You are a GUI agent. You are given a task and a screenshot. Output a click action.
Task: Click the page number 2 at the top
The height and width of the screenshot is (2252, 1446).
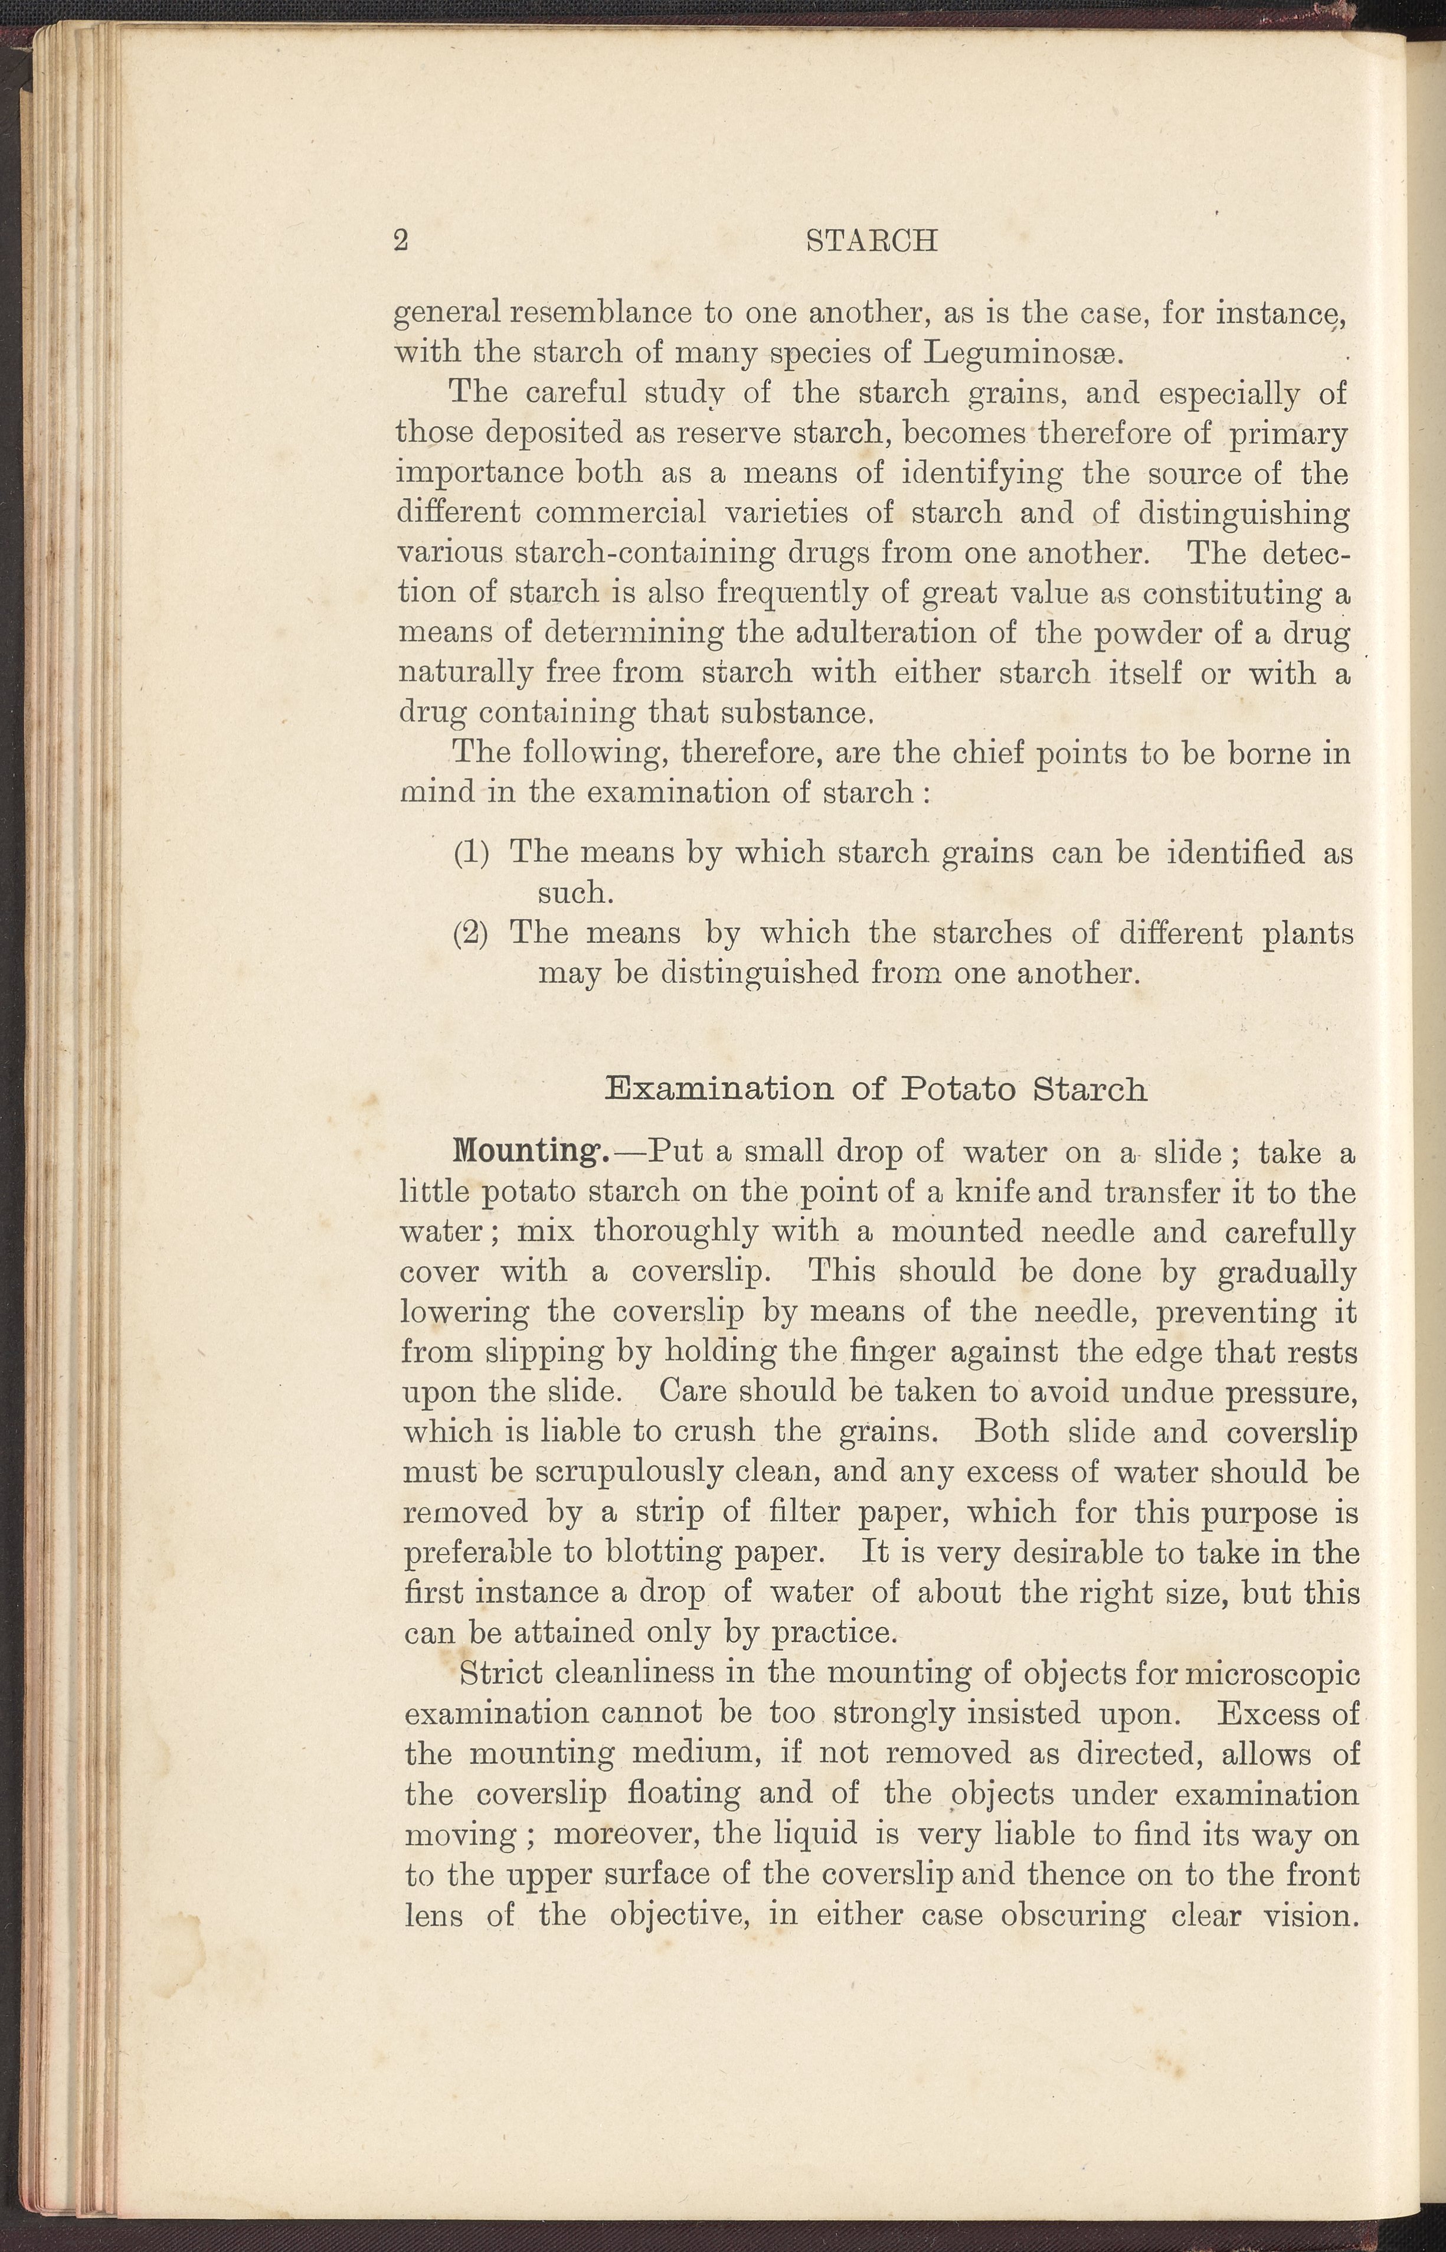tap(401, 241)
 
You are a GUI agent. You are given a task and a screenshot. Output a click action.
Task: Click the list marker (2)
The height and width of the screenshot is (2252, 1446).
tap(472, 934)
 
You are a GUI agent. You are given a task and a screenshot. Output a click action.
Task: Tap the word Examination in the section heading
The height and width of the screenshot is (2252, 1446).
tap(719, 1089)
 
